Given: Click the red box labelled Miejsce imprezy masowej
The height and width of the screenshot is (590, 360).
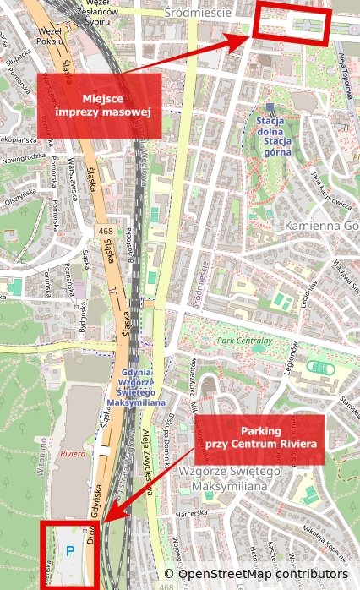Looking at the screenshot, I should (98, 106).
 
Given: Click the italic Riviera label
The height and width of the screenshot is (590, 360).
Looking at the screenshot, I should (74, 453).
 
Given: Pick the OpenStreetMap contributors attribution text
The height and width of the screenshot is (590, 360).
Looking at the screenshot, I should (262, 574).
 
